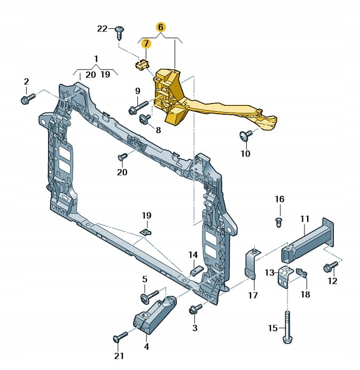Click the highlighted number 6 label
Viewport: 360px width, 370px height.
click(161, 26)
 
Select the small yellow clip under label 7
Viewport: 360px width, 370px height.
click(142, 65)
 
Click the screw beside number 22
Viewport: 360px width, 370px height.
click(120, 32)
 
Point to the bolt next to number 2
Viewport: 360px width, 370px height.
click(28, 98)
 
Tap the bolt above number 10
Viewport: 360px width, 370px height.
click(246, 136)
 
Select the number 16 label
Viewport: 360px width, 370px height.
click(279, 199)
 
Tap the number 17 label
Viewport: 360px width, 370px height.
click(253, 294)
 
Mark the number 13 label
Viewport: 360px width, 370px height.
click(269, 273)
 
